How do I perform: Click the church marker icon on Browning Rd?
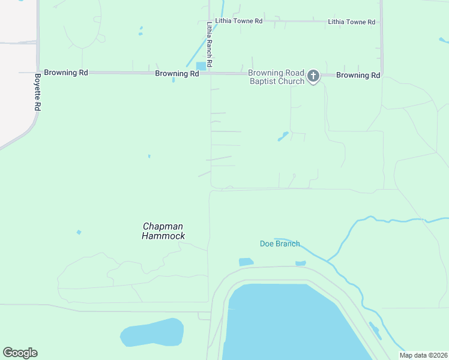pos(313,76)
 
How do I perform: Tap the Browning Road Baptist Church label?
pos(276,77)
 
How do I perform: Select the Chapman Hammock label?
pos(163,231)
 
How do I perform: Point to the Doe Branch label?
pos(280,244)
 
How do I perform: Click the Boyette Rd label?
pos(37,92)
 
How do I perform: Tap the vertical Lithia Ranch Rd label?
pos(209,44)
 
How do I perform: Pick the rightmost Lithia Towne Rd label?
pos(351,22)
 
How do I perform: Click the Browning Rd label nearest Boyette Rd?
pos(66,73)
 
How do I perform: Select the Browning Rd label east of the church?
pos(358,76)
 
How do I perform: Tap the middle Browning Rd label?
pos(177,74)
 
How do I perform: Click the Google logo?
pos(20,353)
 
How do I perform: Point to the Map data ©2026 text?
pos(423,355)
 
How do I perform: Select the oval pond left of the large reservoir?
pos(152,332)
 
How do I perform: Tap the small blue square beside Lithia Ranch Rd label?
pos(201,66)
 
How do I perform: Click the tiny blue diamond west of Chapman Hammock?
pos(79,232)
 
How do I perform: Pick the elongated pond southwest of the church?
pos(283,136)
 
